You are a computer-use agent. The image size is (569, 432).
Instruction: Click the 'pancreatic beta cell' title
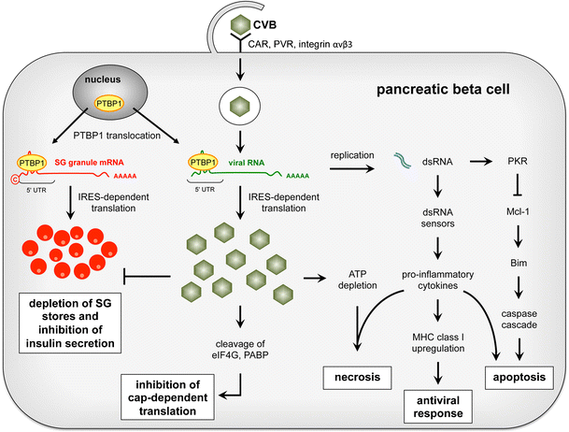[x=438, y=92]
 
